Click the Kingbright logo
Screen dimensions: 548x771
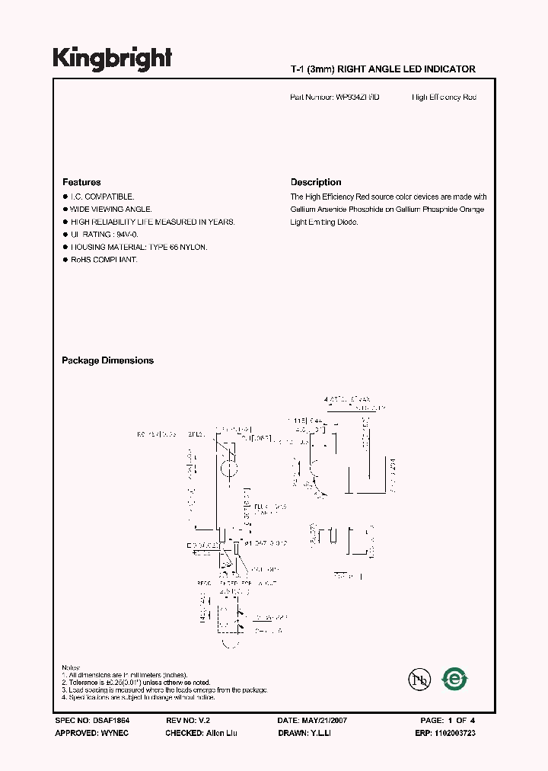click(112, 59)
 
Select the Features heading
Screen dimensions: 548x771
click(81, 183)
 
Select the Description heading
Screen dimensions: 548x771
click(316, 183)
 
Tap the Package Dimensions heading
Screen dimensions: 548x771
click(107, 361)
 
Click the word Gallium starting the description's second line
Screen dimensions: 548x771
click(303, 210)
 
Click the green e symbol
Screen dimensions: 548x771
click(455, 678)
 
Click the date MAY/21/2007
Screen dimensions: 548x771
click(326, 720)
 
